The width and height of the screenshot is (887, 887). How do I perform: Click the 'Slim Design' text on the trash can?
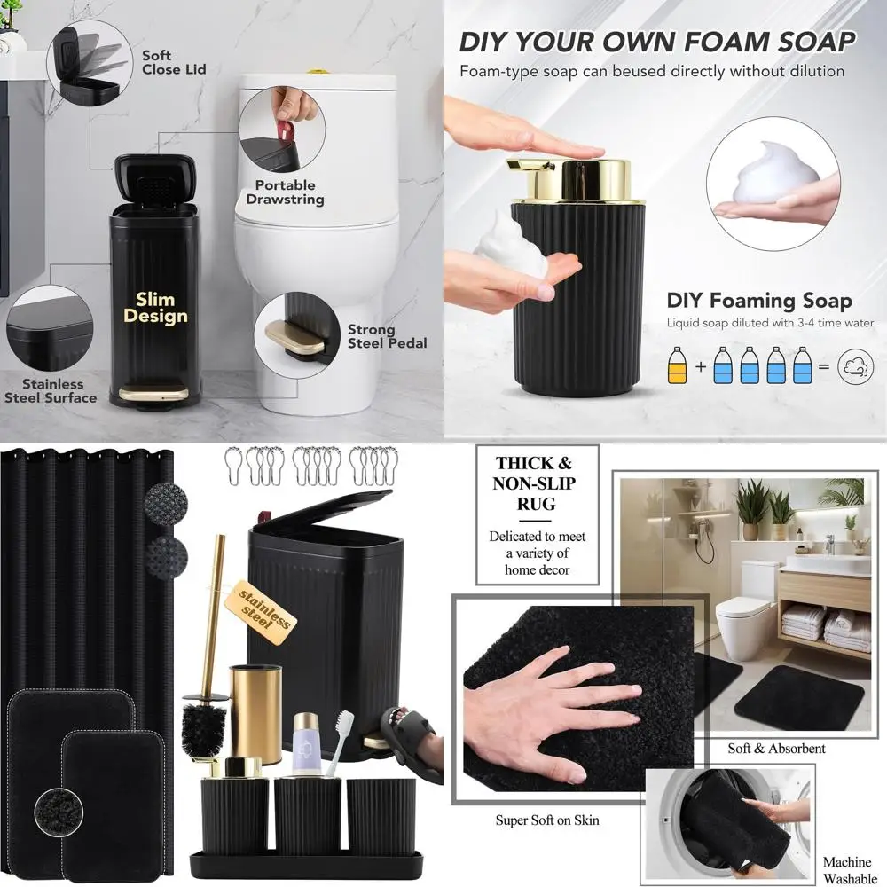coord(155,308)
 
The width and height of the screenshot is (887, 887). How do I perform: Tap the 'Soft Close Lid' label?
coord(174,62)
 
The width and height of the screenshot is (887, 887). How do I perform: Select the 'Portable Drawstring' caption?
coord(285,192)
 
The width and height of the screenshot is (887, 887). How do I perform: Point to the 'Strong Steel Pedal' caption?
coord(387,336)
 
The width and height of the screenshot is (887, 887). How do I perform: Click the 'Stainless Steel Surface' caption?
coord(51,390)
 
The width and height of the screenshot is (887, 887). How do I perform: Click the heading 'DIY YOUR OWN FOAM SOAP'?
coord(656,42)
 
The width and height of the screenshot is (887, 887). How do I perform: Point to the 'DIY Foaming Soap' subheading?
coord(759,301)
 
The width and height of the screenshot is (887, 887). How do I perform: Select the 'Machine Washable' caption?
coord(846,868)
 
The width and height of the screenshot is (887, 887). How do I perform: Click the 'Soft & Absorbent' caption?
coord(776,749)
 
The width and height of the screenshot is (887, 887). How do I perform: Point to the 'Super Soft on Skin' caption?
coord(546,820)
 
